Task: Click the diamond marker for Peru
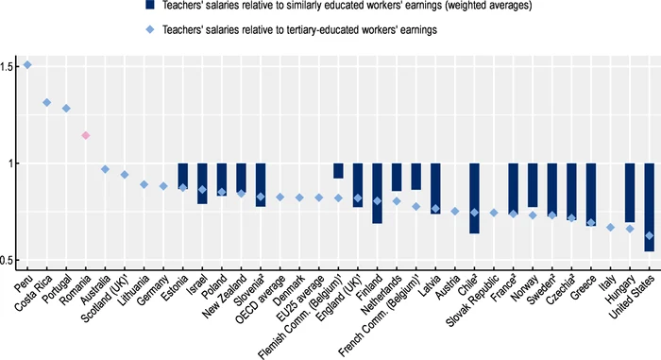point(27,65)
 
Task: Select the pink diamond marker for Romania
point(86,135)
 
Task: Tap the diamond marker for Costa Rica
point(47,102)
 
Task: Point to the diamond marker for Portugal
point(66,109)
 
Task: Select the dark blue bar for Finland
point(377,193)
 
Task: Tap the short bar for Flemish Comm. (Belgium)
point(338,171)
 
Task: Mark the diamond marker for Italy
point(610,227)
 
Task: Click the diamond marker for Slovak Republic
point(494,213)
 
